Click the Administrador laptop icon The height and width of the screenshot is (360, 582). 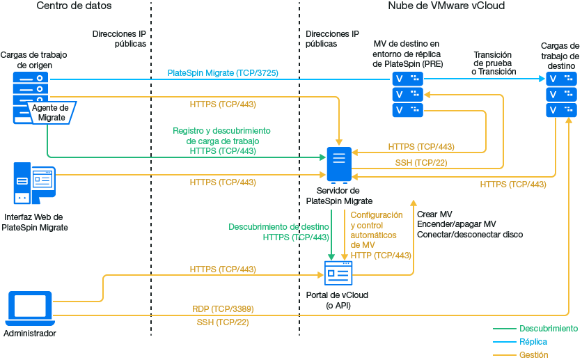29,308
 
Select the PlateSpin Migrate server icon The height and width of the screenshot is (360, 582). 339,164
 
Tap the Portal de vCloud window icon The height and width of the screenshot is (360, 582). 339,273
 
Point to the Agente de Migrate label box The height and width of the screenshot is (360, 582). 50,113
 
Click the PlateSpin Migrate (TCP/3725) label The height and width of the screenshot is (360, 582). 223,72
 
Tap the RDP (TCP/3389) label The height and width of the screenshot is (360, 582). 223,308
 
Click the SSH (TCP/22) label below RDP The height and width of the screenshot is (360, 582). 223,322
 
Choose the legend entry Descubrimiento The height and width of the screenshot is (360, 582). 548,328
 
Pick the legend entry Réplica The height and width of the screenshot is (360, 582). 533,342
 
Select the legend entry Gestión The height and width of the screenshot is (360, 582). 533,355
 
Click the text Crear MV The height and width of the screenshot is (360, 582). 434,214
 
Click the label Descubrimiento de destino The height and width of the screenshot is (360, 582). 278,227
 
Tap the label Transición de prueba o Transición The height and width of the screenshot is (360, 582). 492,63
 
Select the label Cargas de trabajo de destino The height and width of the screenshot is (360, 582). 560,56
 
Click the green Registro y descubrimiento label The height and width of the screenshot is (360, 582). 221,131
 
